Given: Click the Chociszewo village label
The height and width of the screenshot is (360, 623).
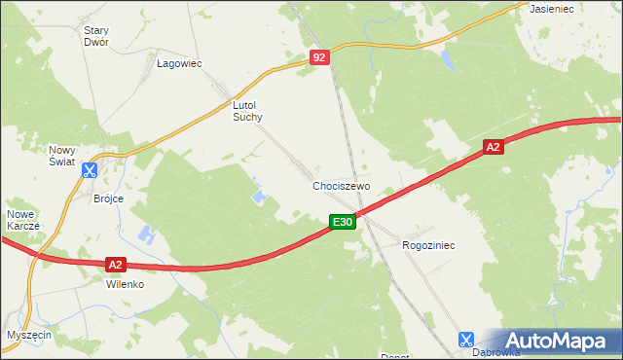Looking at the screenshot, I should (342, 185).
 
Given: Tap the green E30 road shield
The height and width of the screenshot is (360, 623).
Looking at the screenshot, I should (341, 223).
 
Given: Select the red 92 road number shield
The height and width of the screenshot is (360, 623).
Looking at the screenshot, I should (320, 58).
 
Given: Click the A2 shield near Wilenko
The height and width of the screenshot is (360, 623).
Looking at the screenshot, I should (115, 264).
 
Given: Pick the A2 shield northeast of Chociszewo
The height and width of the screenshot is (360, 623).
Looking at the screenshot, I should (494, 147).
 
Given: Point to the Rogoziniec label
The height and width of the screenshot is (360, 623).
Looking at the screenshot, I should (428, 246).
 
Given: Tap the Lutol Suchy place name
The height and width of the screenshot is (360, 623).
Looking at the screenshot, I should (247, 110).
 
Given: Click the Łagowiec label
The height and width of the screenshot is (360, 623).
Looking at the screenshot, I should (179, 63).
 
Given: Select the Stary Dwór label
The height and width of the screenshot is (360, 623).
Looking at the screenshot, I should (95, 36).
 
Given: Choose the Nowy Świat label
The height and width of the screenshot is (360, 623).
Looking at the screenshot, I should (69, 156).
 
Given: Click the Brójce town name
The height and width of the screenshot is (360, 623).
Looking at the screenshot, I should (108, 198).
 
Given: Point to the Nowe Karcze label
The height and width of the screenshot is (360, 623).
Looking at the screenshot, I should (23, 220).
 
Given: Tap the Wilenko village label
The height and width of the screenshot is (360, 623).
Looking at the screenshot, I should (125, 285).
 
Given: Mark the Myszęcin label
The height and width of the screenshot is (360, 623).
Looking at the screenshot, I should (28, 334).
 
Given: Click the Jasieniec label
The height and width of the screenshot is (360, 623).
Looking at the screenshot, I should (550, 8).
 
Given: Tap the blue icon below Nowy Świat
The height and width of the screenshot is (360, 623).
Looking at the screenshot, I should (90, 171).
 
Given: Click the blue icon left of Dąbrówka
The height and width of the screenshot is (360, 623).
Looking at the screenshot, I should (465, 340).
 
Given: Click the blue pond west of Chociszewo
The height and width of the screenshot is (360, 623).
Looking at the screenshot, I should (260, 197).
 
